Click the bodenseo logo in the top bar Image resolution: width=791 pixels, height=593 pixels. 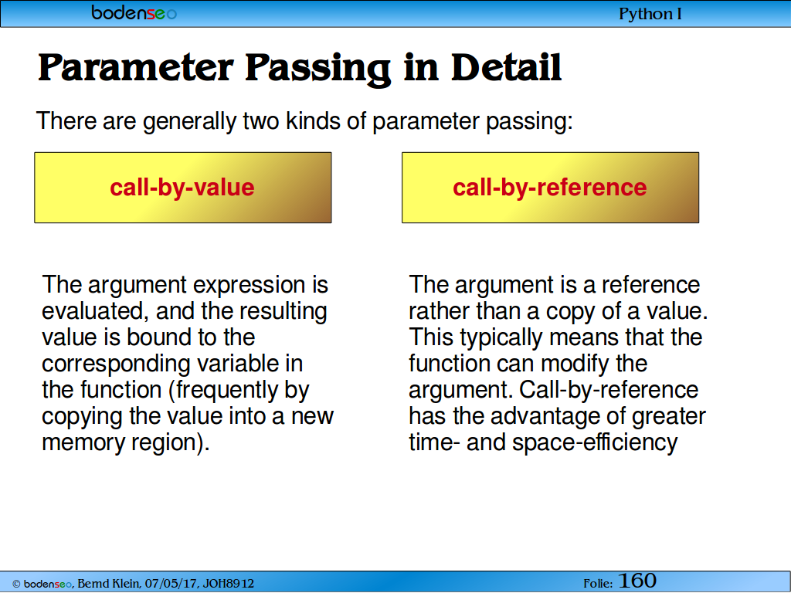[134, 12]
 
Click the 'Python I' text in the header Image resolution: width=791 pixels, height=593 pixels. [650, 14]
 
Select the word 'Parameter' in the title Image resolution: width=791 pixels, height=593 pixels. [136, 68]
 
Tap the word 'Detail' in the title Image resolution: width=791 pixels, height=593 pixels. [506, 67]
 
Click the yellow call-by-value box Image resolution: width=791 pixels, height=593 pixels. [183, 188]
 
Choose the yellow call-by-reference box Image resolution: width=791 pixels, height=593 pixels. [550, 188]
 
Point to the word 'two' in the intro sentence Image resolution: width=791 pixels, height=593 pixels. [261, 121]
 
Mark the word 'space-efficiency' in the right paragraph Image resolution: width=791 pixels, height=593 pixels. [596, 442]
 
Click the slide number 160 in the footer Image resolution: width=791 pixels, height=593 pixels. [637, 581]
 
